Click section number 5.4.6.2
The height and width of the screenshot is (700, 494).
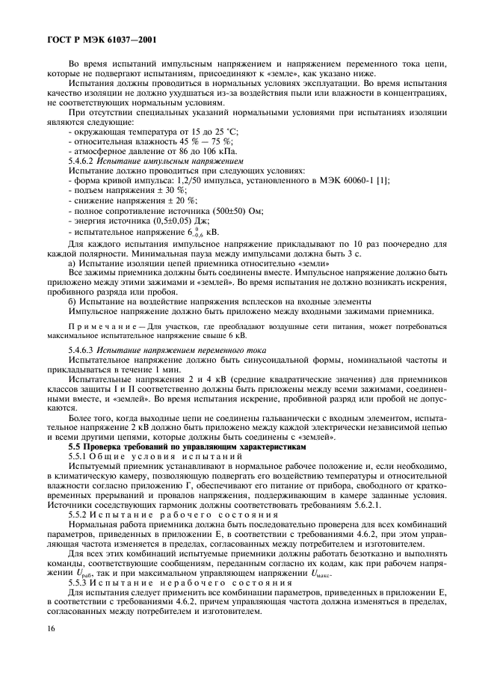click(x=83, y=161)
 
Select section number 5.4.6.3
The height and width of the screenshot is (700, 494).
click(x=83, y=350)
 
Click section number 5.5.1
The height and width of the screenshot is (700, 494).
click(x=80, y=455)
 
